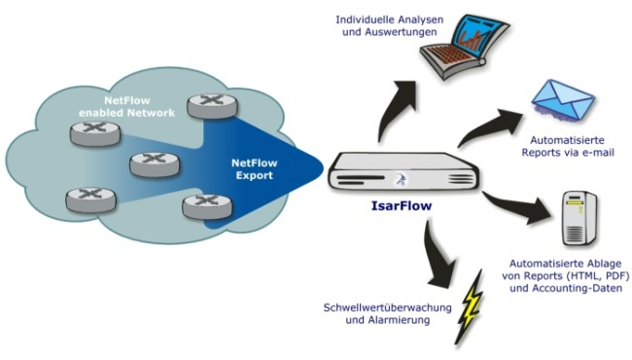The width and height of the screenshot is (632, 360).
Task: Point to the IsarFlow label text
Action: [403, 207]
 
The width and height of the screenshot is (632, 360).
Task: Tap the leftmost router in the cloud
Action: [85, 199]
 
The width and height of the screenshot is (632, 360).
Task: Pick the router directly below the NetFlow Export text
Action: [201, 205]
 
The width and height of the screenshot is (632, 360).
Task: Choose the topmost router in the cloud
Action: [207, 101]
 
